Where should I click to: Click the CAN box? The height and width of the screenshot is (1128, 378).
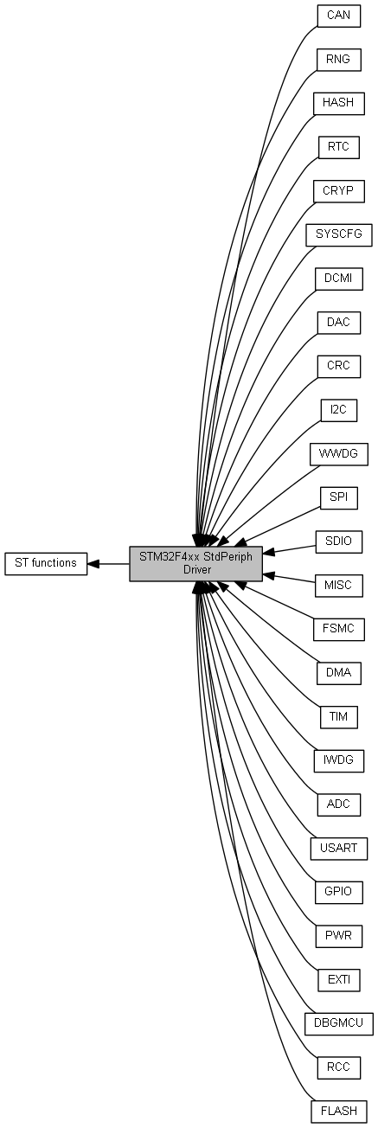pyautogui.click(x=339, y=15)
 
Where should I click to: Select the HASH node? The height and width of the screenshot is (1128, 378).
pyautogui.click(x=339, y=103)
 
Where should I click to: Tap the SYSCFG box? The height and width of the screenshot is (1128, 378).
pyautogui.click(x=339, y=234)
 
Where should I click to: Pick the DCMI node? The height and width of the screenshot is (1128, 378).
pyautogui.click(x=339, y=278)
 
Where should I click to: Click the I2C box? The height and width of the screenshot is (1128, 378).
pyautogui.click(x=339, y=409)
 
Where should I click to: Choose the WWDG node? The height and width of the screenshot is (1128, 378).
pyautogui.click(x=339, y=453)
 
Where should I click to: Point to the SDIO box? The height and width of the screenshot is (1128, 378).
pyautogui.click(x=339, y=542)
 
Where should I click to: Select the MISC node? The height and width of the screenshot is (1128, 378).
pyautogui.click(x=339, y=585)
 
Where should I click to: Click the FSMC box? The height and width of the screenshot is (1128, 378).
pyautogui.click(x=339, y=629)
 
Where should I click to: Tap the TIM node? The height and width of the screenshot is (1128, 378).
pyautogui.click(x=339, y=716)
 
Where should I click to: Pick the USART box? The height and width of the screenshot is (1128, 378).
pyautogui.click(x=339, y=848)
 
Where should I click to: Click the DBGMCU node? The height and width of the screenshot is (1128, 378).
pyautogui.click(x=339, y=1023)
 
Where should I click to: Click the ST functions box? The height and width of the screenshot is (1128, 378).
pyautogui.click(x=46, y=563)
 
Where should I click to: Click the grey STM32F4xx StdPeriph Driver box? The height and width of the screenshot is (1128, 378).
pyautogui.click(x=195, y=563)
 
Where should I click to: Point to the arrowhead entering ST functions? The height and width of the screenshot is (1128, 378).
pyautogui.click(x=93, y=563)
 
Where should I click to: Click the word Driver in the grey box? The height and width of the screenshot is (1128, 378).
pyautogui.click(x=197, y=570)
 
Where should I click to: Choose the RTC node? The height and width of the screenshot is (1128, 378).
pyautogui.click(x=339, y=146)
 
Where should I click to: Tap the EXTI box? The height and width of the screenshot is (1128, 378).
pyautogui.click(x=339, y=979)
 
